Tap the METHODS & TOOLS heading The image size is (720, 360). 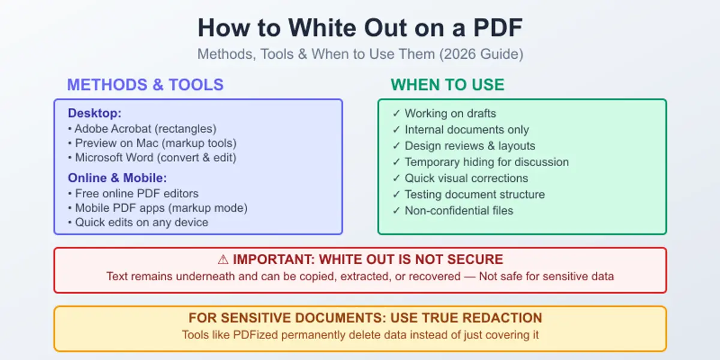pyautogui.click(x=145, y=85)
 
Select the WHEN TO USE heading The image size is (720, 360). pyautogui.click(x=448, y=85)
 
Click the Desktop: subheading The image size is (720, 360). pyautogui.click(x=95, y=113)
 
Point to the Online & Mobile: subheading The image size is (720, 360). pyautogui.click(x=117, y=178)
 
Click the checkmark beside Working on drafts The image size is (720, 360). pyautogui.click(x=396, y=113)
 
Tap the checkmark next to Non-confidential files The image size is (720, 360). pyautogui.click(x=396, y=211)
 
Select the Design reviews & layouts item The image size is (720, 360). pyautogui.click(x=470, y=146)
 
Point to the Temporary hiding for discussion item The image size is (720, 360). pyautogui.click(x=487, y=162)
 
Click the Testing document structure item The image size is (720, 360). pyautogui.click(x=475, y=194)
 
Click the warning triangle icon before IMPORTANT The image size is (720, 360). pyautogui.click(x=223, y=260)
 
